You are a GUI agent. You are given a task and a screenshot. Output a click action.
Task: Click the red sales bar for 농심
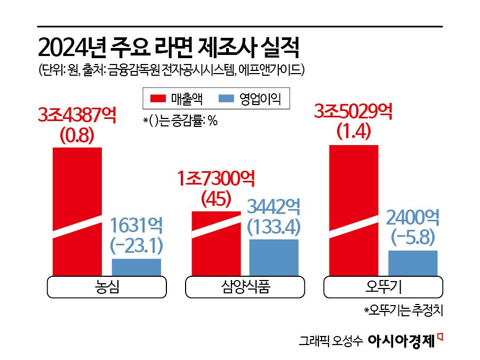point(77,211)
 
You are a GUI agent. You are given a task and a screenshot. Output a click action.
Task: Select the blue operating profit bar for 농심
point(136,267)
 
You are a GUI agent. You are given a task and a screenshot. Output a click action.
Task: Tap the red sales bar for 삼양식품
point(215,243)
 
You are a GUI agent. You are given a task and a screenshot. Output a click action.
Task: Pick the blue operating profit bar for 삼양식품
point(274,257)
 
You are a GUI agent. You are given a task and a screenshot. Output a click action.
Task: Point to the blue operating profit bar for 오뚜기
point(413,262)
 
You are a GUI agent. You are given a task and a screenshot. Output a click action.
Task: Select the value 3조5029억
point(354,111)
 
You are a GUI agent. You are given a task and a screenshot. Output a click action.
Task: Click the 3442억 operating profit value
point(274,206)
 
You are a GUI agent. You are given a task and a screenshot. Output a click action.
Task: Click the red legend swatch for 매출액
point(158,98)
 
